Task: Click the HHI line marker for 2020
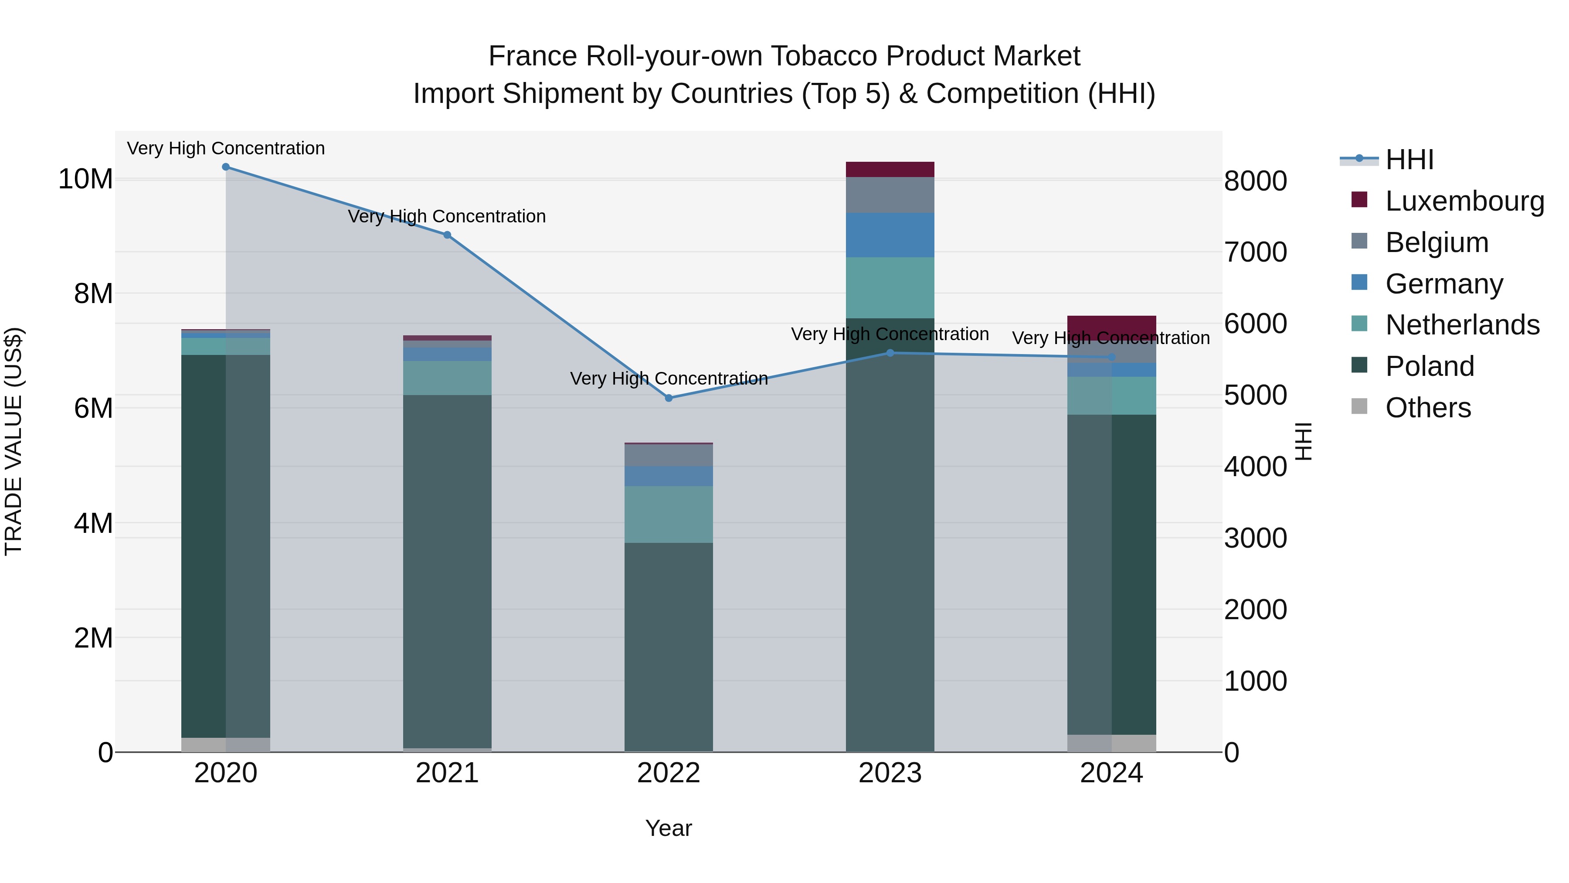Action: coord(226,167)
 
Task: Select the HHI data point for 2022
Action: coord(668,398)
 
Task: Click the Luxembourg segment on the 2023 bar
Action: coord(890,170)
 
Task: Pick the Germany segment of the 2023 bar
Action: coord(890,235)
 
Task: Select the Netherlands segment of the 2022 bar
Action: coord(668,515)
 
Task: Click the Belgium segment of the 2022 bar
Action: coord(668,455)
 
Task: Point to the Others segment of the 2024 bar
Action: coord(1111,743)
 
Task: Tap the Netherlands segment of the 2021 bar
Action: coord(447,378)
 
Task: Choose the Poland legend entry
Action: coord(1429,366)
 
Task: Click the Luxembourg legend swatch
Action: coord(1359,200)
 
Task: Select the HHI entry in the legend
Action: coord(1409,160)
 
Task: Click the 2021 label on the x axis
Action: coord(447,773)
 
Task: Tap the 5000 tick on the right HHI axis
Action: coord(1255,395)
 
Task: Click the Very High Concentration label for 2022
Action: coord(668,378)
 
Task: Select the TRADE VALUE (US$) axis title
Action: coord(14,441)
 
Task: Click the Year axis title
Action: coord(668,828)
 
